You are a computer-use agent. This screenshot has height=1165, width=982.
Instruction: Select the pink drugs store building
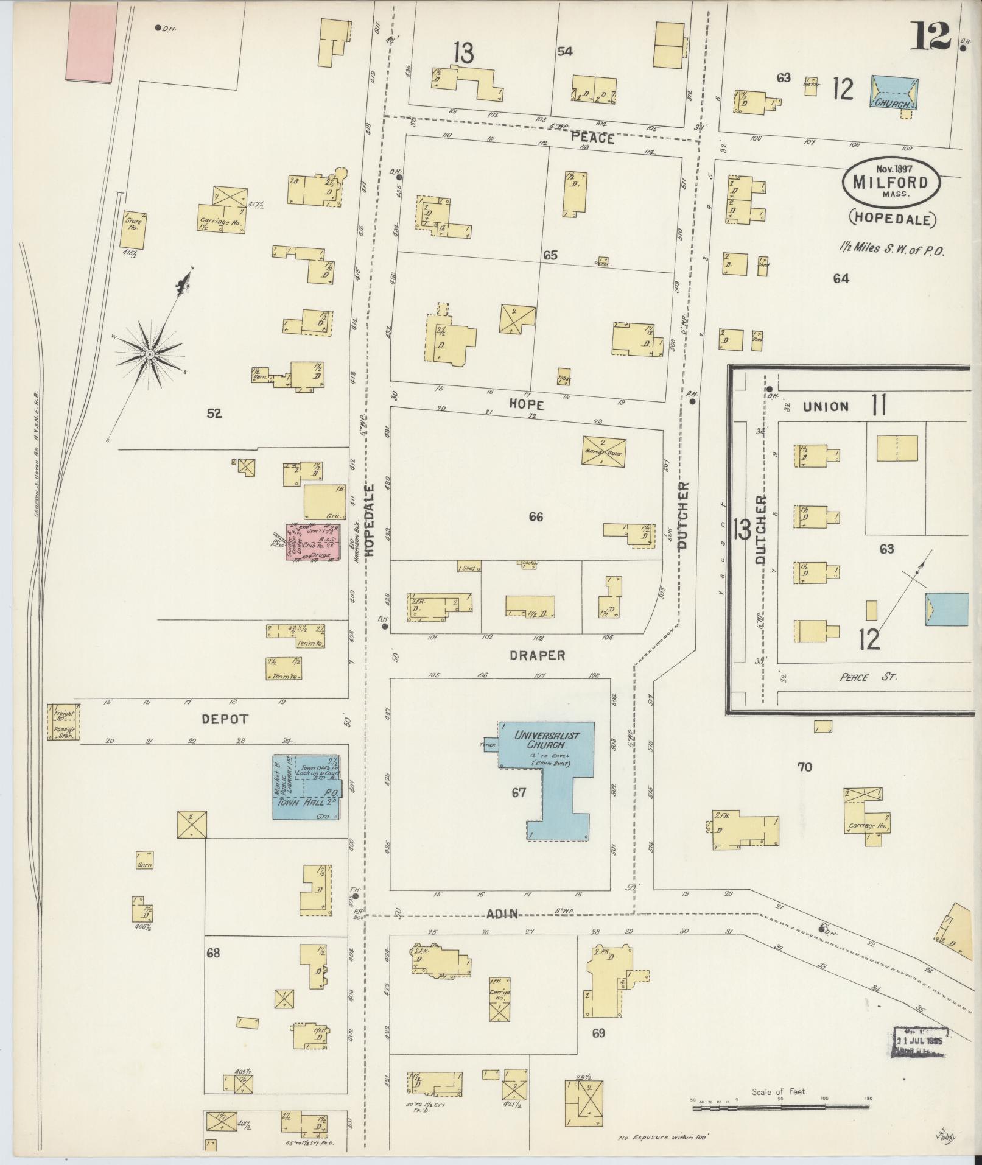tap(314, 545)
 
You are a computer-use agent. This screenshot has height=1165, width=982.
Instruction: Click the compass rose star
tap(149, 354)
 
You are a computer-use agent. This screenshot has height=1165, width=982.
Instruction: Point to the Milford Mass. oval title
tap(891, 182)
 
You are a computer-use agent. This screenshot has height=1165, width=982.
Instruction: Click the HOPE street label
tap(527, 405)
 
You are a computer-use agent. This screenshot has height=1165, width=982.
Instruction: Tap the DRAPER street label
tap(538, 656)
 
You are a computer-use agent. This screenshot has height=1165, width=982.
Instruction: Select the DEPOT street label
tap(225, 719)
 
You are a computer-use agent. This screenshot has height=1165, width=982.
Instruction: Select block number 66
tap(536, 517)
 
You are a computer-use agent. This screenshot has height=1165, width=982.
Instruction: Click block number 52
tap(214, 414)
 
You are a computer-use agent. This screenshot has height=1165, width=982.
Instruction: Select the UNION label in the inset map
tap(826, 406)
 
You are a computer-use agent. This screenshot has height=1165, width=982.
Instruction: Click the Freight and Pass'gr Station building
tap(63, 722)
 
